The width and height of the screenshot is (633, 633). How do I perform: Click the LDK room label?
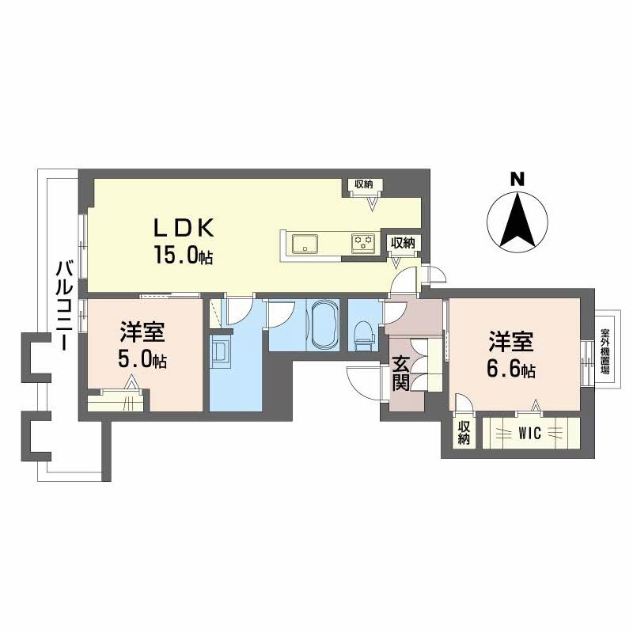[x=184, y=229]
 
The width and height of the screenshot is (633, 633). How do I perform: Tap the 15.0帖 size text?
[x=184, y=255]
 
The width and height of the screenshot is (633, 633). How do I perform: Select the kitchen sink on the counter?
[x=305, y=244]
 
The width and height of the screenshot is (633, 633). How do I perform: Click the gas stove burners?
[x=363, y=244]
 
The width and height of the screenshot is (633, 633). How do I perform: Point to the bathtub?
[x=324, y=326]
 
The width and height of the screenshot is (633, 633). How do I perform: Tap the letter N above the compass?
[x=517, y=179]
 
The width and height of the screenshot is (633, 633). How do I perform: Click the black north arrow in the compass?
[x=517, y=220]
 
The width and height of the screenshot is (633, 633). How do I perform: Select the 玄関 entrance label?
[x=401, y=373]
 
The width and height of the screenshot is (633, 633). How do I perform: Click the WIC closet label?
[x=529, y=433]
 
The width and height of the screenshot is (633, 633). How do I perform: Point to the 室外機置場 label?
[x=605, y=351]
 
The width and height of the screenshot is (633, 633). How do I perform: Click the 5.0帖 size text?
[x=142, y=359]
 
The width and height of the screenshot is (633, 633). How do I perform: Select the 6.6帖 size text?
[x=511, y=369]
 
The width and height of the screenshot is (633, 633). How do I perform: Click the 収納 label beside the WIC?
[x=464, y=433]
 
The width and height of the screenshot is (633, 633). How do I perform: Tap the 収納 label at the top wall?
[x=363, y=184]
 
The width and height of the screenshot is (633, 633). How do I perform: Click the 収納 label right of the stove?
[x=403, y=243]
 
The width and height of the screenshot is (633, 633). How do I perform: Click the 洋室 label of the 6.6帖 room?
[x=510, y=342]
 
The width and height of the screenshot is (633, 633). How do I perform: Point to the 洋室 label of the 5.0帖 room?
[x=142, y=332]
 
